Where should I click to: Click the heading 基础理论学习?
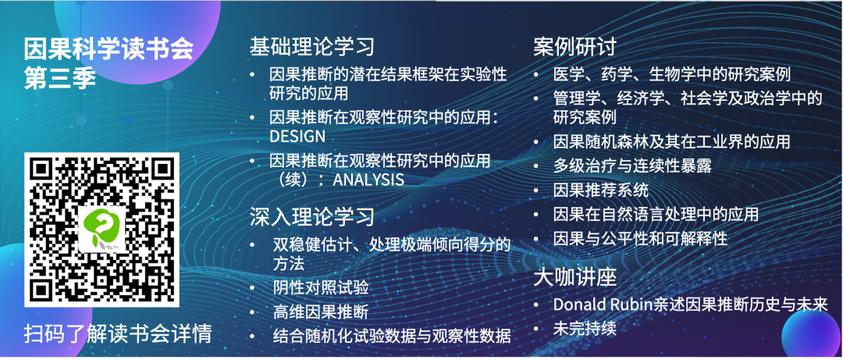312,46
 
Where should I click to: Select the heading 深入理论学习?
312,216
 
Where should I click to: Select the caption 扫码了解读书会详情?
118,333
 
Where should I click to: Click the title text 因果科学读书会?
108,50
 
